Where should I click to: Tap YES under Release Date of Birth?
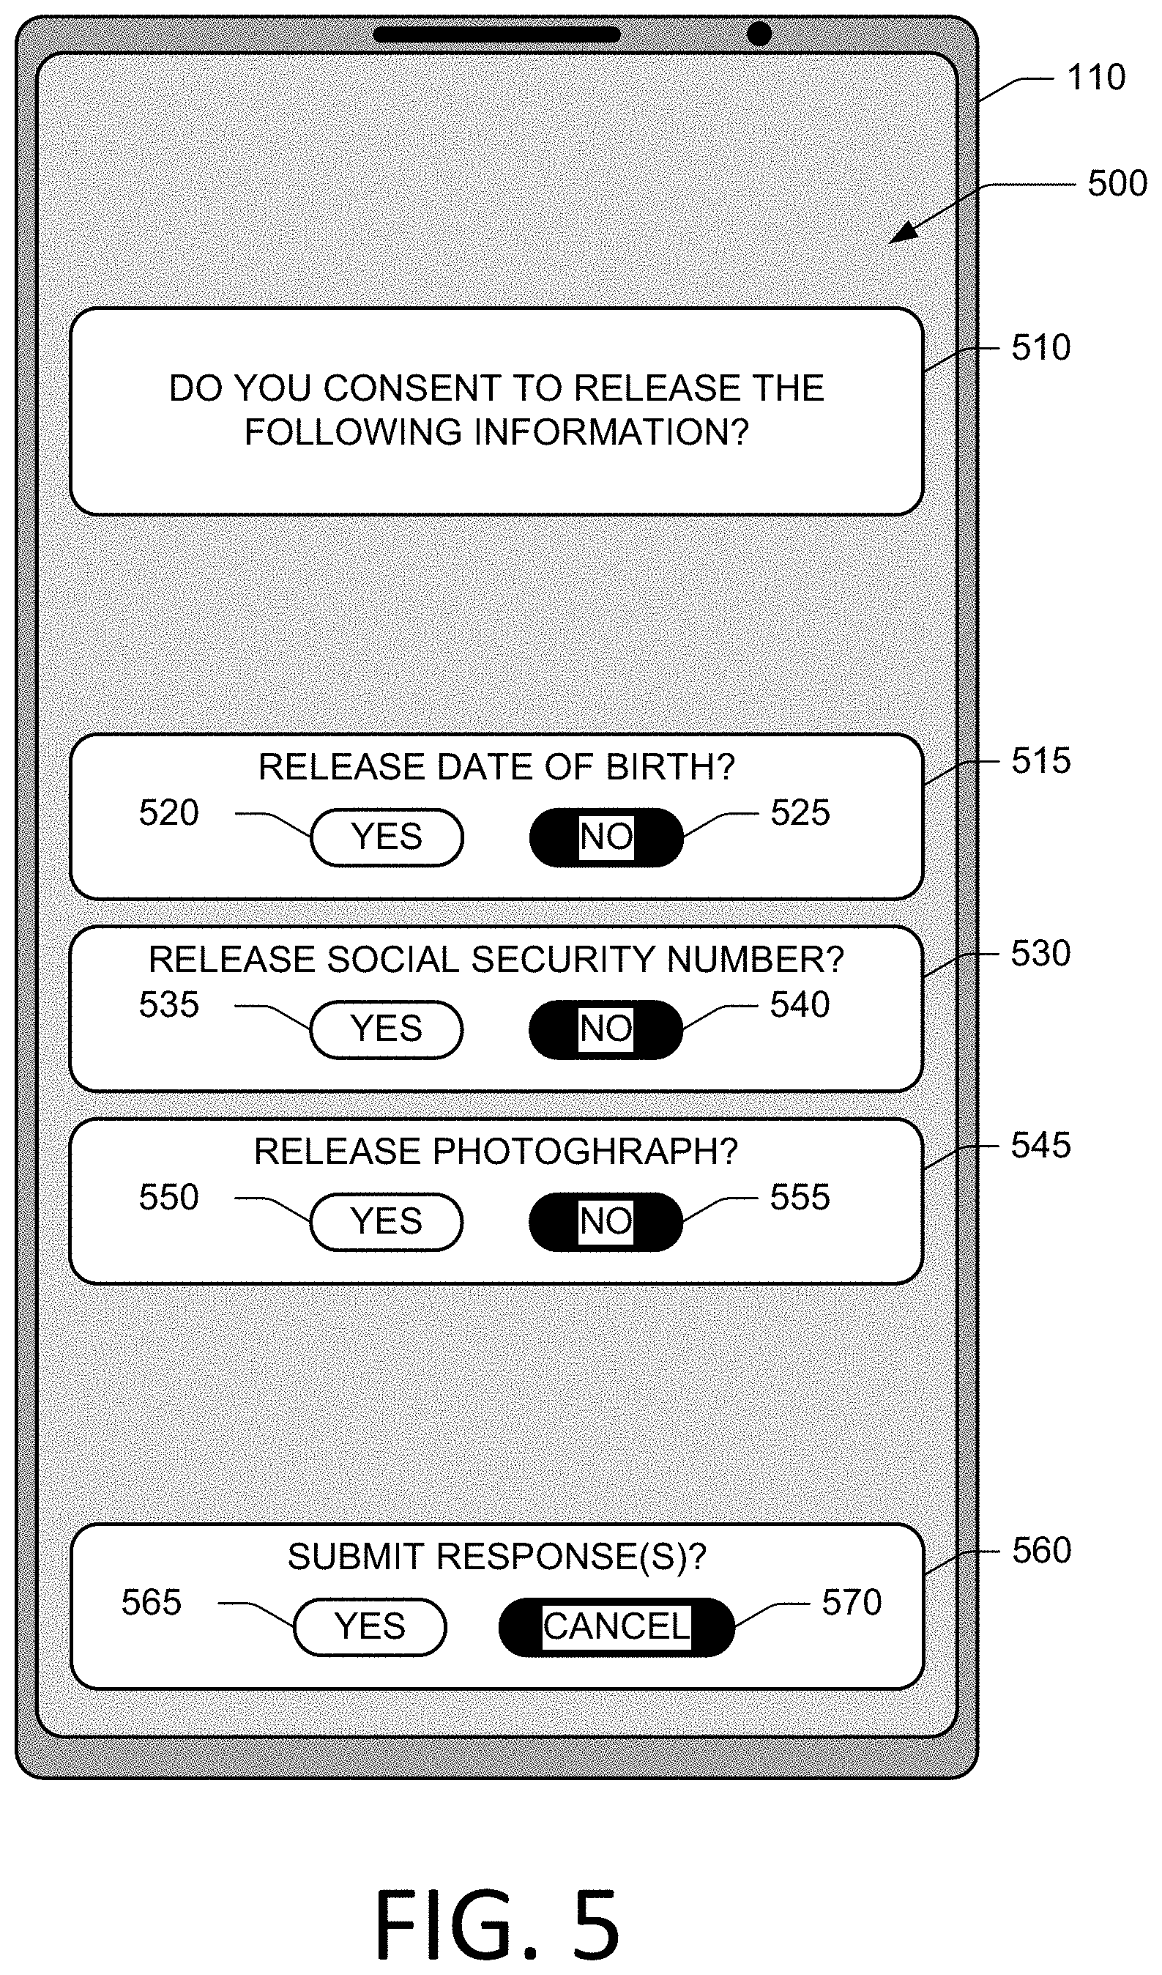tap(387, 837)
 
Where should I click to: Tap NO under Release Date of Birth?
tap(606, 837)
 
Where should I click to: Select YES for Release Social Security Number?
tap(387, 1029)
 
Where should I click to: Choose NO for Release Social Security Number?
tap(606, 1029)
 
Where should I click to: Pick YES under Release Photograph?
tap(387, 1221)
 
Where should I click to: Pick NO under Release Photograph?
tap(606, 1221)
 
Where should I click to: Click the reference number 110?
tap(1096, 78)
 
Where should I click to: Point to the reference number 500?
tap(1117, 183)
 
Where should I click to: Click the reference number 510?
tap(1040, 347)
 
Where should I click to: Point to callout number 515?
tap(1040, 760)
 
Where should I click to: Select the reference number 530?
tap(1040, 953)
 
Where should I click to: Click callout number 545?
tap(1040, 1145)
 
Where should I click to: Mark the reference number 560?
tap(1041, 1550)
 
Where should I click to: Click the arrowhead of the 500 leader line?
tap(904, 233)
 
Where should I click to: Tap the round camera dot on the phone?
tap(759, 34)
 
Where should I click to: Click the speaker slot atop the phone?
tap(496, 34)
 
